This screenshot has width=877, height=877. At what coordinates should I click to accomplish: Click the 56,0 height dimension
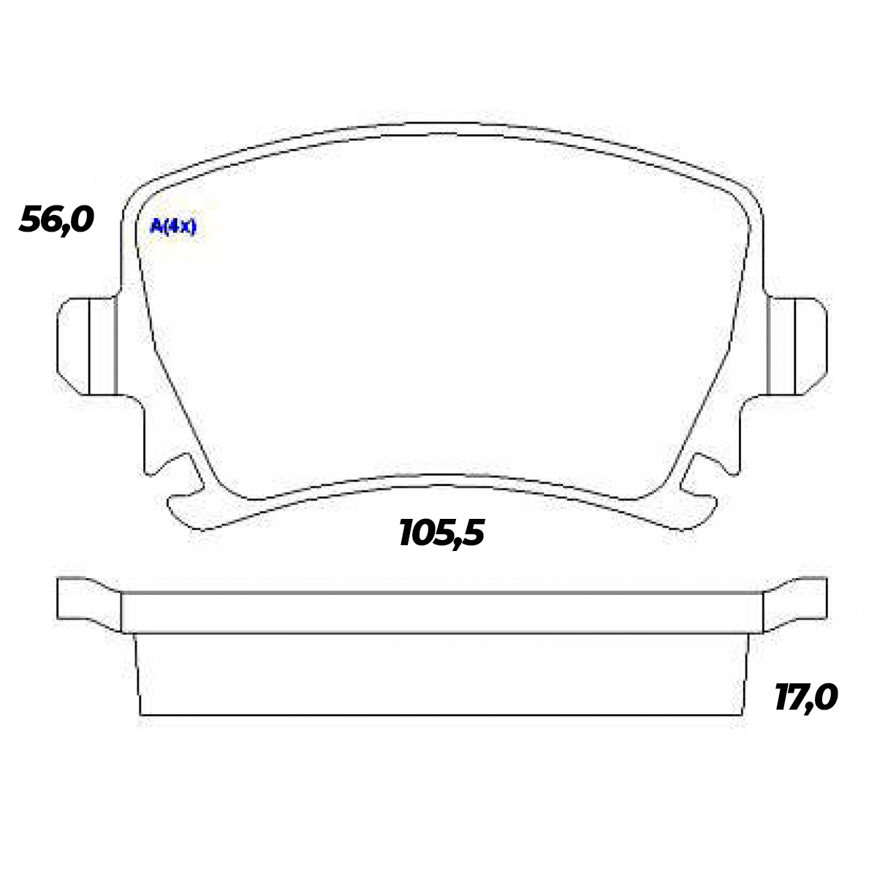point(57,219)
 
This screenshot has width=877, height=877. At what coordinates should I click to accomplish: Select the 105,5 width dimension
point(442,534)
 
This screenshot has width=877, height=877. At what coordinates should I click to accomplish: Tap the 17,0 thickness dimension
point(805,698)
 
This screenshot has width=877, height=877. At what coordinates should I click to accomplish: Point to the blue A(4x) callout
point(173,227)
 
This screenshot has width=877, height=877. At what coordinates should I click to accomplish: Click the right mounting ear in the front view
point(798,346)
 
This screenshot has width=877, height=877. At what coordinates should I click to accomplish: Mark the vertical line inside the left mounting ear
point(88,346)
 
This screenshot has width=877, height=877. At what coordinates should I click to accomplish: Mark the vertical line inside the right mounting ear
point(795,346)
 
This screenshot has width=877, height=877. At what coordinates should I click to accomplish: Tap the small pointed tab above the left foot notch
point(175,462)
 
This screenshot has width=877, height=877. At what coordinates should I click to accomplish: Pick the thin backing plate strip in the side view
point(442,612)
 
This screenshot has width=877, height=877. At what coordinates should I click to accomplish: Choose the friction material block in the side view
point(442,674)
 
